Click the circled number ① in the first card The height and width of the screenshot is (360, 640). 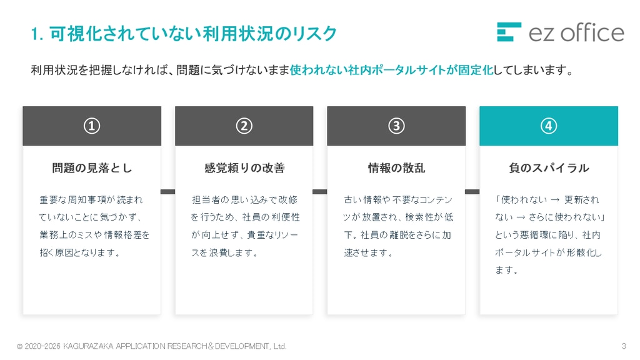[x=92, y=126]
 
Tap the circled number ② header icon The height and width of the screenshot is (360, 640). [x=244, y=126]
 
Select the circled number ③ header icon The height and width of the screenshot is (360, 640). [x=396, y=126]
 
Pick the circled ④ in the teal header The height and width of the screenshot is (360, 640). [x=549, y=126]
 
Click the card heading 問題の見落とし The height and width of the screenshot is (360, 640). [x=92, y=167]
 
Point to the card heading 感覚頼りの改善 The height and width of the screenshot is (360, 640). [x=244, y=167]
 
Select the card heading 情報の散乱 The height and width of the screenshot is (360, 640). [x=396, y=167]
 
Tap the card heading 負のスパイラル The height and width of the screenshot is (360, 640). [x=549, y=167]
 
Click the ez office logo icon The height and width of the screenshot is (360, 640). [x=509, y=32]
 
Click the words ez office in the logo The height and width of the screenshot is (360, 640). [x=576, y=32]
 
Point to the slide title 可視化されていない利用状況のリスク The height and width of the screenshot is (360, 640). [x=193, y=34]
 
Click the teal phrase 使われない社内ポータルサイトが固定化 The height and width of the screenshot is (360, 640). [x=391, y=70]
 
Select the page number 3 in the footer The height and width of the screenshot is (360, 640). [x=623, y=346]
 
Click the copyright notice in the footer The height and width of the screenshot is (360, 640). [x=151, y=346]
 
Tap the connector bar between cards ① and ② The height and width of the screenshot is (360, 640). [x=167, y=191]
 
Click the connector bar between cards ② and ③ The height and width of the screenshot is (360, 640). [x=320, y=191]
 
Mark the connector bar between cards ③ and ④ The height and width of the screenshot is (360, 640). [x=472, y=191]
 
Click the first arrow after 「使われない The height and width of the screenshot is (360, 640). [x=555, y=200]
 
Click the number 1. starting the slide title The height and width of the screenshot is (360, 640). [x=37, y=34]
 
